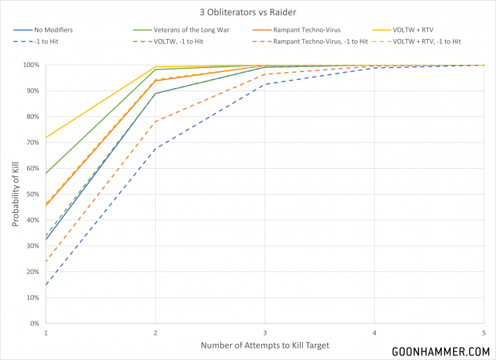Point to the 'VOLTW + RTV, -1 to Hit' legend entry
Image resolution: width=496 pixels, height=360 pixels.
427,42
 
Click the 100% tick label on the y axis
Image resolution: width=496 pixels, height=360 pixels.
32,65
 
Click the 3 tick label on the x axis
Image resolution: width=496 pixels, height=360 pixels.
265,332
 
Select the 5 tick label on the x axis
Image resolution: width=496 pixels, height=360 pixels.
484,332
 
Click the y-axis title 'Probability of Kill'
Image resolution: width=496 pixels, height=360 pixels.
15,194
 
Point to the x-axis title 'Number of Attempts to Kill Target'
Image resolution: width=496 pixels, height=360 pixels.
265,345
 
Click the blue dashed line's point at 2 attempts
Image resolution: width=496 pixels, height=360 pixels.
155,148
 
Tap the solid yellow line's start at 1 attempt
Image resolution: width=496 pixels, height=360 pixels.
45,138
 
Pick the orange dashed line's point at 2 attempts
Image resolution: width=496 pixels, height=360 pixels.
155,121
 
